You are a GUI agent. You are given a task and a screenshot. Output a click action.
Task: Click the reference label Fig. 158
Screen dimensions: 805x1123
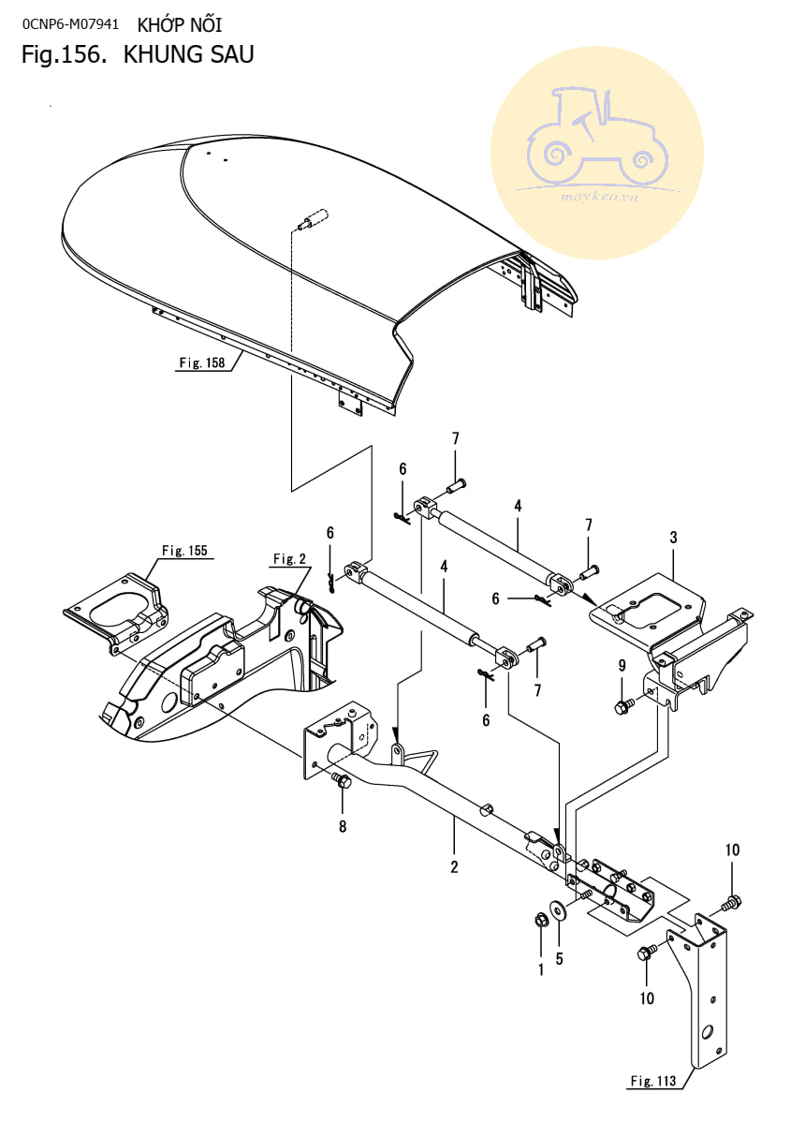point(202,362)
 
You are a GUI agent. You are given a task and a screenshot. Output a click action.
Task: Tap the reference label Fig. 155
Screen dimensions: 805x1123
point(184,550)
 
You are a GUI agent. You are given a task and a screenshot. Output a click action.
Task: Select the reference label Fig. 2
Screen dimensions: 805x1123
point(290,558)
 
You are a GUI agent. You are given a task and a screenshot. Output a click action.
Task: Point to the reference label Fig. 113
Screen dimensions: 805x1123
point(652,1081)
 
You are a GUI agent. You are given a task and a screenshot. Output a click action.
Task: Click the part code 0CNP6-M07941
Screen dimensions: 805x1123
point(71,24)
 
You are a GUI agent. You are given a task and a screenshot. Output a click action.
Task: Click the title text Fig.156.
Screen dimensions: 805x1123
point(65,54)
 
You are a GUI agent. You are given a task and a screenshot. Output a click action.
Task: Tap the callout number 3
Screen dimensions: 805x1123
point(673,538)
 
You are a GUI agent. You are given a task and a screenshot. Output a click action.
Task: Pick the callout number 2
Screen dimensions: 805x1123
point(454,866)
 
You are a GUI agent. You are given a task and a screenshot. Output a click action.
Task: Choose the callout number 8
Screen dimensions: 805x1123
point(343,826)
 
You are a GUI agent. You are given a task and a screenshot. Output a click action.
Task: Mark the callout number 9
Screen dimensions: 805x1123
point(622,665)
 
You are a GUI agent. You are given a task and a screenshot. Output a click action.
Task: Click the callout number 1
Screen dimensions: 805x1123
point(541,969)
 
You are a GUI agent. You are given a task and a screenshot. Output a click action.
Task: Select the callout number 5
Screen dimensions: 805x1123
point(560,958)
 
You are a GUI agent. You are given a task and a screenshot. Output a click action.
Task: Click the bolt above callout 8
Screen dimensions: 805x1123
point(342,780)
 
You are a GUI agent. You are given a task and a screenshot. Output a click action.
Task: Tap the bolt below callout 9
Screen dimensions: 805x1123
point(622,706)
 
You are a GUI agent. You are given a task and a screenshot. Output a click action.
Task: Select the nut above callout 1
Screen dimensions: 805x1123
point(541,920)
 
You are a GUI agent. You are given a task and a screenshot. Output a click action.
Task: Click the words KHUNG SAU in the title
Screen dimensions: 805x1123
point(189,54)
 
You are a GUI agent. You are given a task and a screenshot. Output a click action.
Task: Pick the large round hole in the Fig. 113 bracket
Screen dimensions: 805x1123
point(707,1033)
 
